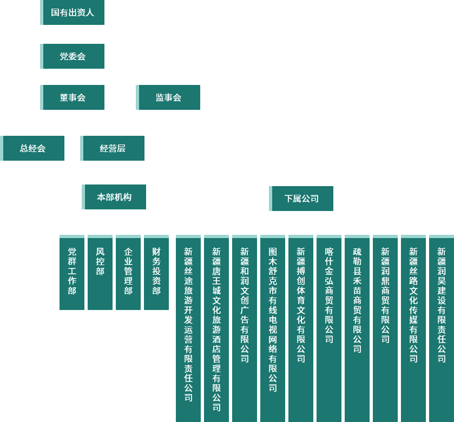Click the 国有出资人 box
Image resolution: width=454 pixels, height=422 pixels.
tap(73, 12)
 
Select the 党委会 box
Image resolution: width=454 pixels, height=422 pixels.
tap(73, 56)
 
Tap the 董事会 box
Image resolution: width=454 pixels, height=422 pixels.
tap(73, 97)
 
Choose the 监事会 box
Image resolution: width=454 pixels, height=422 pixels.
tap(168, 97)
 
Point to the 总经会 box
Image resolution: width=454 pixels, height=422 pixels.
tap(32, 148)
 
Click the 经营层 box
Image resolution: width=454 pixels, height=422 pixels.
tap(113, 148)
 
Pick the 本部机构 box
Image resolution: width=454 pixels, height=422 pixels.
tap(114, 197)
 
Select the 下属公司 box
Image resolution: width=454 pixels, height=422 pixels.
tap(301, 199)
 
